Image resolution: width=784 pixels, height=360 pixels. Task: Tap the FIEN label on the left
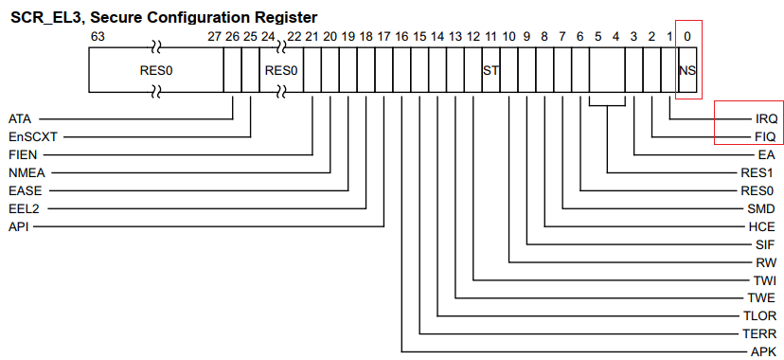[23, 153]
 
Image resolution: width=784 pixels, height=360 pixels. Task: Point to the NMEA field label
[27, 171]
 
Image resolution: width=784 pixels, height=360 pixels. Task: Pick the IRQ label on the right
[766, 118]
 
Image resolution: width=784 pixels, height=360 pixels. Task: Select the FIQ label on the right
[766, 136]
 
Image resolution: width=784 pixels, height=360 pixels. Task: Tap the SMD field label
[762, 208]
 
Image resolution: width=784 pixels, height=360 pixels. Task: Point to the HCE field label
[762, 226]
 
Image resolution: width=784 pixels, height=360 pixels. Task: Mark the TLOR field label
[759, 316]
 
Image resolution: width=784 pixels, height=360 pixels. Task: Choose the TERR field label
[759, 334]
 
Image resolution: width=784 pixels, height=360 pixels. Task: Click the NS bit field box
[687, 70]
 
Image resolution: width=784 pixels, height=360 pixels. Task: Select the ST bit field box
[490, 70]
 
